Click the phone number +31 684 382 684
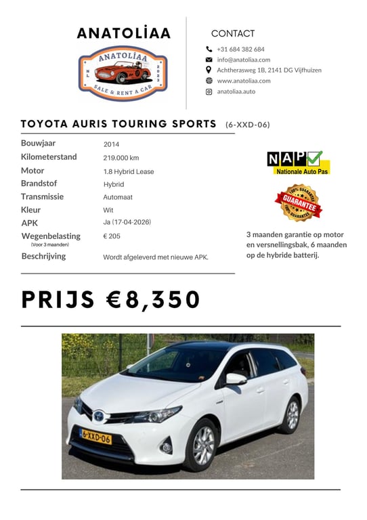click(240, 49)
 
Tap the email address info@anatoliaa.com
click(243, 60)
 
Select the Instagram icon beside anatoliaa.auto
click(209, 91)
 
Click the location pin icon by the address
click(209, 70)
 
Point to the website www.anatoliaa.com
click(243, 81)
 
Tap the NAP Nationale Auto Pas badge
click(297, 162)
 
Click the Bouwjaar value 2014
click(111, 144)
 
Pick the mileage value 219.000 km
click(121, 158)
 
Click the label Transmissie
click(42, 196)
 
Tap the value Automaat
click(118, 197)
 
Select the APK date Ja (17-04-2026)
click(127, 222)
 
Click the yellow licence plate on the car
click(95, 435)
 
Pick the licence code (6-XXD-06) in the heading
click(248, 125)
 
